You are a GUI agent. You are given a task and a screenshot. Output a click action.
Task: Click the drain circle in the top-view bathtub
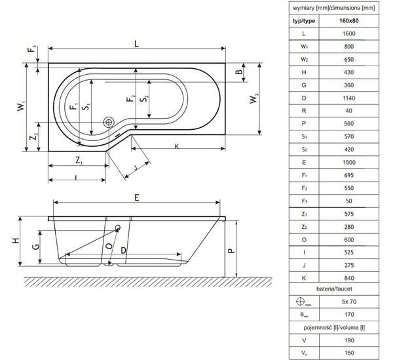(109, 123)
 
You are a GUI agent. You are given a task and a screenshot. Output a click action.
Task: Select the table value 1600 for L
(349, 33)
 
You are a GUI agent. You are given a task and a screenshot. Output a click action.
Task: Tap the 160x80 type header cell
(349, 21)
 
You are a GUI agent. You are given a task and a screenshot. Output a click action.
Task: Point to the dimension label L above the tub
(136, 44)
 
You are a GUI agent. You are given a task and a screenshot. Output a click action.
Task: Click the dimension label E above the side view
(137, 197)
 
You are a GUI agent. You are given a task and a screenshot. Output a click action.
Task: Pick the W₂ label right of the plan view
(254, 98)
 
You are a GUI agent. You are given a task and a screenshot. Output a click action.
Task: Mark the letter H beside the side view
(16, 241)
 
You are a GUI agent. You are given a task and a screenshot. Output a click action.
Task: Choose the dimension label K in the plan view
(177, 146)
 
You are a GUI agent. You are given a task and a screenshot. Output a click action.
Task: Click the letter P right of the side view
(231, 250)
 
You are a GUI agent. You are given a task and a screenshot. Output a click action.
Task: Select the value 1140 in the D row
(349, 98)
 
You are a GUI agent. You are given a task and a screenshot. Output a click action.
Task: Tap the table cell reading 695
(349, 175)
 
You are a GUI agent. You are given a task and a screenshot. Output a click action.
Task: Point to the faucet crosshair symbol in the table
(300, 301)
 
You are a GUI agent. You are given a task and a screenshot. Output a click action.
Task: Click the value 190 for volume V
(349, 340)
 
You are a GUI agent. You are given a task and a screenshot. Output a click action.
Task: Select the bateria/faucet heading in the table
(334, 289)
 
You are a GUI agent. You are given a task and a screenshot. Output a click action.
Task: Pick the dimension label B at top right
(239, 71)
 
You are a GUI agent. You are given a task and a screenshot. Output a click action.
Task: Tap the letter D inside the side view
(123, 250)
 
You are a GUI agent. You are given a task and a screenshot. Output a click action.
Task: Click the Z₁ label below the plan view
(79, 160)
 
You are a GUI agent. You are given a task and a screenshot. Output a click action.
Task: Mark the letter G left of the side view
(36, 247)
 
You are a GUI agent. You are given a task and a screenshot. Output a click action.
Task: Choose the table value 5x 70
(349, 302)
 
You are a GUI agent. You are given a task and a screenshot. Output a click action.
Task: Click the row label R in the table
(304, 111)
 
